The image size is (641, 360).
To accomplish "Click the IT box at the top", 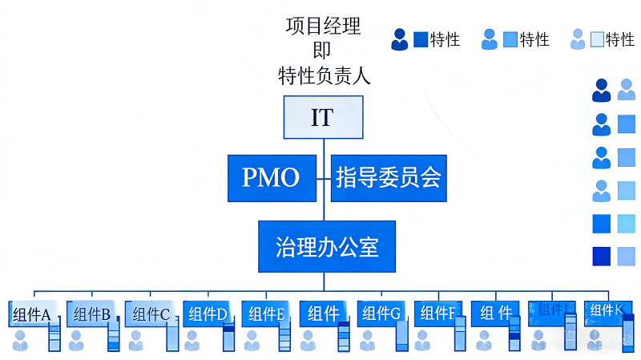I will point(323,117).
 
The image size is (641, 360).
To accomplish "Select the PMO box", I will point(271,177).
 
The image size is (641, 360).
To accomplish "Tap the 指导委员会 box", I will point(389,177).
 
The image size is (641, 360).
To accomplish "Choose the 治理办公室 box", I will point(326,246).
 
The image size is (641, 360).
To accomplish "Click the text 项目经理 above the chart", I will point(323,26).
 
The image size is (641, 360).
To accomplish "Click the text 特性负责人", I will point(323,76).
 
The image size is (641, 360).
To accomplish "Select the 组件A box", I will point(32,314).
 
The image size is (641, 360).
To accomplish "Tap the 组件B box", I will point(91,314).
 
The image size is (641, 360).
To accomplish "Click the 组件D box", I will point(206,314).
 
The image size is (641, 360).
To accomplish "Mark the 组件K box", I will point(607,311).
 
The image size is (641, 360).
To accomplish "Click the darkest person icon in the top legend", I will point(399,39).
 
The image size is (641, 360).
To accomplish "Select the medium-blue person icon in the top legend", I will point(490,39).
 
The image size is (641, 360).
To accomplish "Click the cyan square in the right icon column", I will point(627,224).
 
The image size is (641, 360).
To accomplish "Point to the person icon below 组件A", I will point(20,341).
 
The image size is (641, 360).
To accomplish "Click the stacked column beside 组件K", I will point(627,333).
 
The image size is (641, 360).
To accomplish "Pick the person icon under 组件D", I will point(191,341).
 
